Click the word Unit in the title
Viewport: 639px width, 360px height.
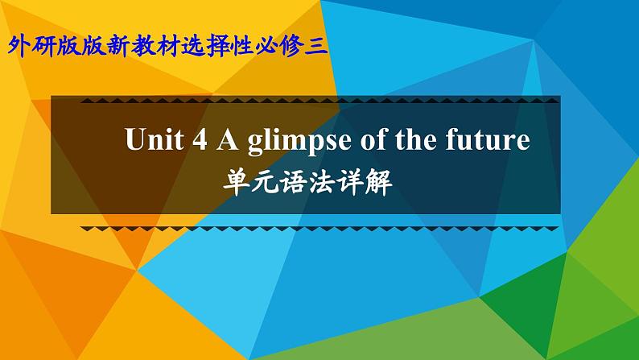click(154, 139)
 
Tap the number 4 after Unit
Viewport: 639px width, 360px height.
click(200, 139)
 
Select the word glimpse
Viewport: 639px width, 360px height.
click(299, 141)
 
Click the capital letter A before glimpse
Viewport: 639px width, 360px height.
click(228, 139)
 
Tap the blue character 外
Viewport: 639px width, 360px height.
click(19, 46)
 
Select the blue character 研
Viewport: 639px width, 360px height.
click(43, 46)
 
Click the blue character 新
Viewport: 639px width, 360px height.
click(117, 46)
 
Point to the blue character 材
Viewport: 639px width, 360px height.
click(167, 46)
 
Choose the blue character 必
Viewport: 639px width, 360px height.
click(267, 46)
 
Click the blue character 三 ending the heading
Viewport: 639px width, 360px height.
click(316, 46)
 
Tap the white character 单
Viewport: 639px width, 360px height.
click(235, 182)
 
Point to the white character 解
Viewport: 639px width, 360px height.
click(379, 182)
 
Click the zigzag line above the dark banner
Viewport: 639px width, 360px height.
click(319, 101)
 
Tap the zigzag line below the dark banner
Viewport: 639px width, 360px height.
click(319, 229)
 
